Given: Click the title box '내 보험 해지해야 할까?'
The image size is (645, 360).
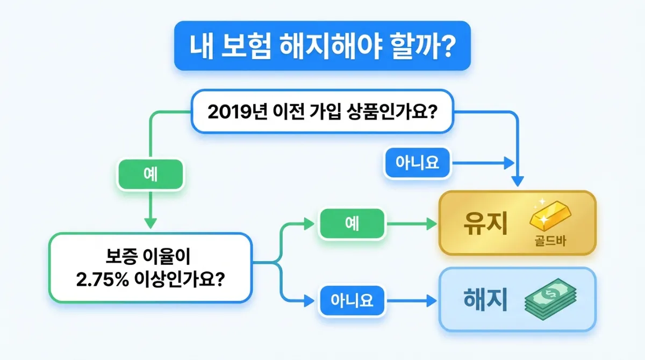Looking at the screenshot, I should tap(322, 46).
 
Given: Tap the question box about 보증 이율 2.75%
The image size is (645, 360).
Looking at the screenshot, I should tap(150, 267).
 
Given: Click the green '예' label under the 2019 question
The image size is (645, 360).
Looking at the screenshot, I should tap(151, 175).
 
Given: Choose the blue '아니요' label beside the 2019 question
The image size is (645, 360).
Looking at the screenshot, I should tap(418, 162).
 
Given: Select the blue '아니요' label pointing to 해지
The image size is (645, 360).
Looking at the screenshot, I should tap(352, 300).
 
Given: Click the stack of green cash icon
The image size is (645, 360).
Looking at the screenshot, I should tap(550, 299).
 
